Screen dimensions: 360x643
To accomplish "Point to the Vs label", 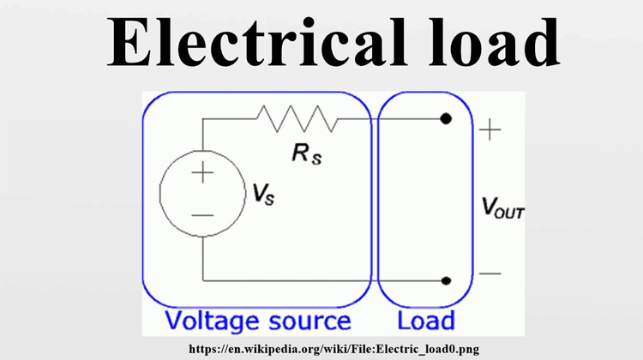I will coord(264,195).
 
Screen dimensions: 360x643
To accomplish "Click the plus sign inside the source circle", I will coord(202,173).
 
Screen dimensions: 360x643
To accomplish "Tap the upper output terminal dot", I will coord(446,119).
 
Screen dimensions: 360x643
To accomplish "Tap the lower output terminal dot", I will coord(446,280).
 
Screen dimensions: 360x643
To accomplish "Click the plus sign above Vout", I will coord(490,130).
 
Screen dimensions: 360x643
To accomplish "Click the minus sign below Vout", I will coord(490,274).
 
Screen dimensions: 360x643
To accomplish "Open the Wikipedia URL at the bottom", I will coord(334,349).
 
